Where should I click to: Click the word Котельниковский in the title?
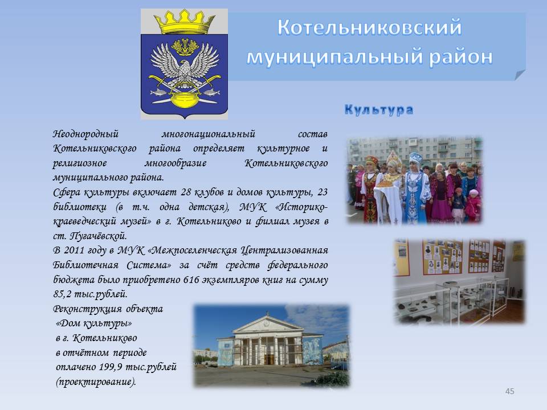369,27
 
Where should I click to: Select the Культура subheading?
379,109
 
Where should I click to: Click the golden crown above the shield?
184,22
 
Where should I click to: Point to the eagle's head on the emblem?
184,65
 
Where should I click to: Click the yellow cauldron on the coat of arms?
184,99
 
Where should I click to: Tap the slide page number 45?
509,391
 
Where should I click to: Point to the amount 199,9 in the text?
111,367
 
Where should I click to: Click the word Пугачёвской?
99,236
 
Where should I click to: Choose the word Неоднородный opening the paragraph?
86,134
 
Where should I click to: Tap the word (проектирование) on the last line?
96,382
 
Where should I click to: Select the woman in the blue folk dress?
416,188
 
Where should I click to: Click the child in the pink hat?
473,204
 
